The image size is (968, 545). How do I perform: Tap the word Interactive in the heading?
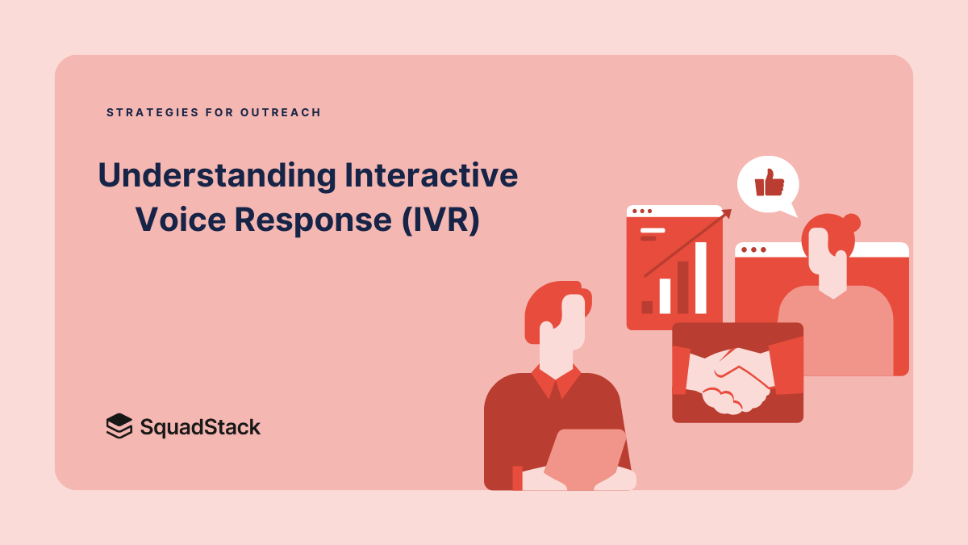[x=431, y=176]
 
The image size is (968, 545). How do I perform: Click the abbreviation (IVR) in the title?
[x=440, y=220]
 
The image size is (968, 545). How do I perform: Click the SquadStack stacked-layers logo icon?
[x=119, y=426]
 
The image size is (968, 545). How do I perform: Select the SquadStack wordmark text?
[x=200, y=426]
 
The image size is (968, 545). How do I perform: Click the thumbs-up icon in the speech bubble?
[x=769, y=183]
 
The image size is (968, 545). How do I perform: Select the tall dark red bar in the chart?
[x=682, y=287]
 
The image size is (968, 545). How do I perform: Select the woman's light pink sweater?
[x=835, y=331]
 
